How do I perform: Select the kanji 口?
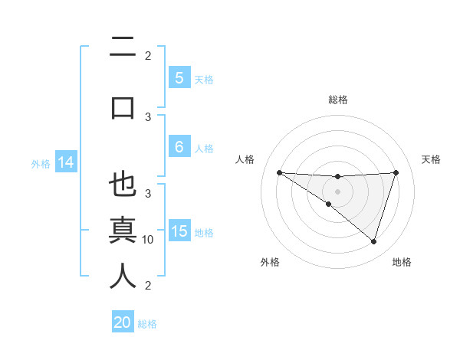(123, 106)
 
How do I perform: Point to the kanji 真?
(123, 230)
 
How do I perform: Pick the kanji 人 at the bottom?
(123, 276)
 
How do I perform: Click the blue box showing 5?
(179, 78)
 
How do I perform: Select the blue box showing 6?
(179, 147)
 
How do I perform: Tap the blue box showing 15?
(179, 232)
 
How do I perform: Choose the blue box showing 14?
(65, 162)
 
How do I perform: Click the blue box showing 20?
(123, 322)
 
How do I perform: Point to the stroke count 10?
(148, 240)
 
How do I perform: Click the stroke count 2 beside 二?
(148, 55)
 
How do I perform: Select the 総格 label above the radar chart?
(338, 100)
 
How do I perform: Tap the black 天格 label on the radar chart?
(432, 159)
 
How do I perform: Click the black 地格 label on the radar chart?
(402, 262)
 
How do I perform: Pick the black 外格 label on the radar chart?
(270, 262)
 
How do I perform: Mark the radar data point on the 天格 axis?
(396, 172)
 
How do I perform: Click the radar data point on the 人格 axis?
(279, 172)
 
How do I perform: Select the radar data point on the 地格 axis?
(373, 241)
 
